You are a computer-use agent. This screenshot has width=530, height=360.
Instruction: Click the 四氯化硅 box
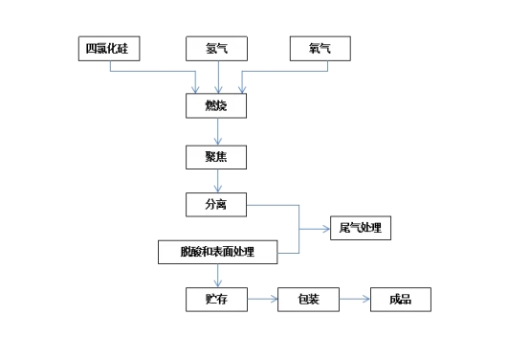[x=108, y=49]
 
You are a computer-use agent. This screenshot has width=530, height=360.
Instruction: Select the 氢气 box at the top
[x=220, y=49]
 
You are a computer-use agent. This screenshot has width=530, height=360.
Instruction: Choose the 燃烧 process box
[x=217, y=104]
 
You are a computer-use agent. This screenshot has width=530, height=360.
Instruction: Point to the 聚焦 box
[x=217, y=154]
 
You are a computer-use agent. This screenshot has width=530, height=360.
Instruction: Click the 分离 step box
[x=217, y=204]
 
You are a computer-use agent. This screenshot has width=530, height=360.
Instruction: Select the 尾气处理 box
[x=360, y=228]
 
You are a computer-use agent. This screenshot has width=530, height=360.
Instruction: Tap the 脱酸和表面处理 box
[x=217, y=253]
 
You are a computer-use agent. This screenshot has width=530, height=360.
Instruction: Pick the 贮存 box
[x=217, y=300]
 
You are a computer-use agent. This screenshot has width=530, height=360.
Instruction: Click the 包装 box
[x=308, y=300]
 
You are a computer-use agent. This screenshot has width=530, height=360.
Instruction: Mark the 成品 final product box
[x=400, y=300]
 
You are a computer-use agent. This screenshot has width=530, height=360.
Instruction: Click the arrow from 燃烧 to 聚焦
[x=218, y=130]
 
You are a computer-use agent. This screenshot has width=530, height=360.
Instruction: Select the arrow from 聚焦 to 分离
[x=218, y=180]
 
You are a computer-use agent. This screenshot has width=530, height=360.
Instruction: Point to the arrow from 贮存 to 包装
[x=263, y=300]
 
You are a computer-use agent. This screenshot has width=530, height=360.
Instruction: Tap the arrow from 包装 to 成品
[x=354, y=300]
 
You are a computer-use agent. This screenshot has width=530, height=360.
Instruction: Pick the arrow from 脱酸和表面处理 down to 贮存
[x=218, y=276]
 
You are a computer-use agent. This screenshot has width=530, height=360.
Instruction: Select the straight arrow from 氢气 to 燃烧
[x=220, y=76]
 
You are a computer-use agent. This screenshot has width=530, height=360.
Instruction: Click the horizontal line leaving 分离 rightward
[x=273, y=204]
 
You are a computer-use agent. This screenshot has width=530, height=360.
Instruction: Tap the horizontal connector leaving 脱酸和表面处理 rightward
[x=289, y=253]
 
